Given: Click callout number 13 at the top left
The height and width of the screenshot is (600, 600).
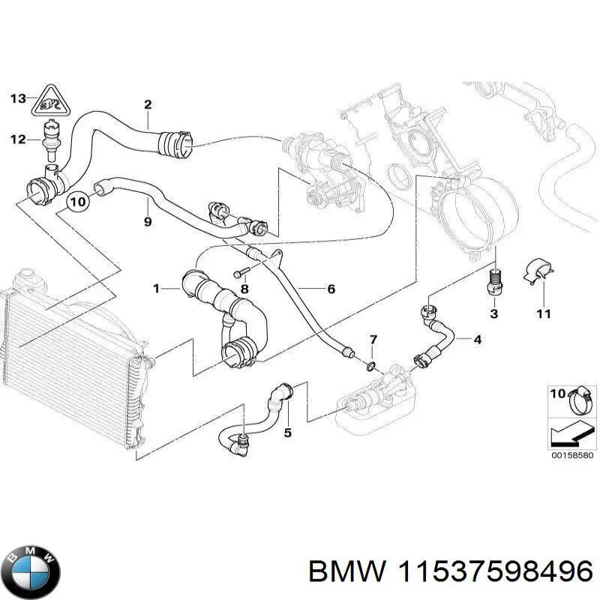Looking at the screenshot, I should (18, 98).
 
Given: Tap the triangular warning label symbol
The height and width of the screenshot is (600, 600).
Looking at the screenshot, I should (51, 101).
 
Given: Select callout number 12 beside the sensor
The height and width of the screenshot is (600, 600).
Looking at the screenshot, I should (18, 139).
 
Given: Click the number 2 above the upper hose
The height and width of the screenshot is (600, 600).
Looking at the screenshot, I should (148, 103).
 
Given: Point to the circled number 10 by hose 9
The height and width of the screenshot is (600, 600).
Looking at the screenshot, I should (78, 201).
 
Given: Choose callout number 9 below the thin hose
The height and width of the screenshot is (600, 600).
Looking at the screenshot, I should (148, 221).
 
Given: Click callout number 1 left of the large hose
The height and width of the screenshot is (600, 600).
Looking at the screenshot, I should (157, 287).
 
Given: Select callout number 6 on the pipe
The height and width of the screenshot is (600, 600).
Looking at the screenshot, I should (331, 289).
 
